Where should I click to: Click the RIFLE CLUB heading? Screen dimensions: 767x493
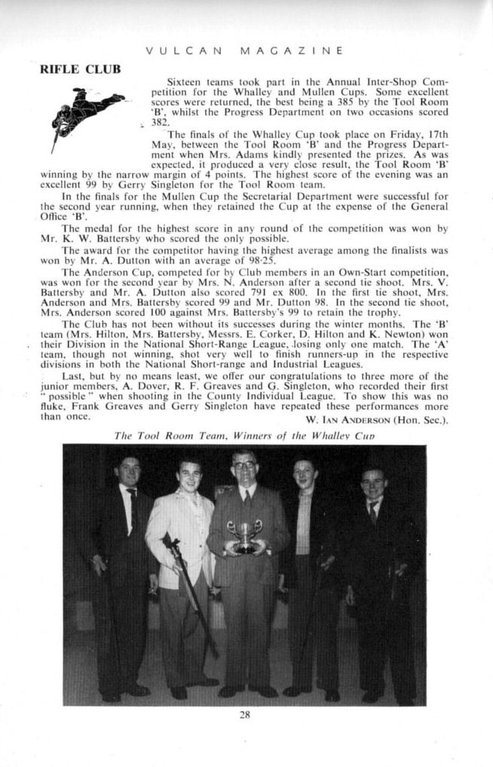pyautogui.click(x=80, y=70)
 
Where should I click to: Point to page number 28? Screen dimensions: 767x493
pyautogui.click(x=244, y=715)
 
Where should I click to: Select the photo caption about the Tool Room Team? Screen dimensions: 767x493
pyautogui.click(x=243, y=435)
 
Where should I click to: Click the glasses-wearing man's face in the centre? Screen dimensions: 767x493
pyautogui.click(x=245, y=469)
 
